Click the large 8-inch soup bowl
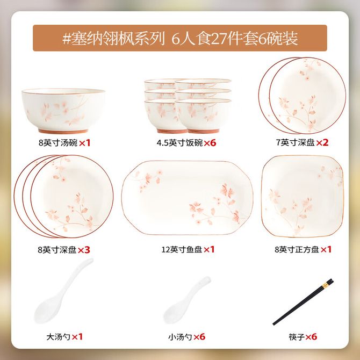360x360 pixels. [x=63, y=111]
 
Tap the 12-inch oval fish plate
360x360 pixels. [x=187, y=198]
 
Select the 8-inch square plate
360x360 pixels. [x=303, y=196]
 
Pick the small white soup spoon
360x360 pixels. [x=186, y=300]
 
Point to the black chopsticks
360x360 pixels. [x=303, y=302]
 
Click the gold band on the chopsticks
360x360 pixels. [x=325, y=285]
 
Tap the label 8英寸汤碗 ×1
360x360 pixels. [x=64, y=143]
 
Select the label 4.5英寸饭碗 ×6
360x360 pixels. [x=186, y=143]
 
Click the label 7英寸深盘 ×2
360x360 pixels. [x=302, y=142]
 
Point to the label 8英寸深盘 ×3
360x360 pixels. [x=64, y=250]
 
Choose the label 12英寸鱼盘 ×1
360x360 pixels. [x=188, y=249]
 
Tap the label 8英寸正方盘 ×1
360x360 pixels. [x=303, y=249]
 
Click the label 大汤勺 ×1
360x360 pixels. [x=64, y=337]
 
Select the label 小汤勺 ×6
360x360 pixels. [x=186, y=337]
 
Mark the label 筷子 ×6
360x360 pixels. [x=303, y=337]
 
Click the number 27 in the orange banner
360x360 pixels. [x=218, y=39]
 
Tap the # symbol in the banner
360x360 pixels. [x=66, y=39]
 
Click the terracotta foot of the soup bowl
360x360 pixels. [x=63, y=131]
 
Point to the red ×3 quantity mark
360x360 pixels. [x=84, y=250]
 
